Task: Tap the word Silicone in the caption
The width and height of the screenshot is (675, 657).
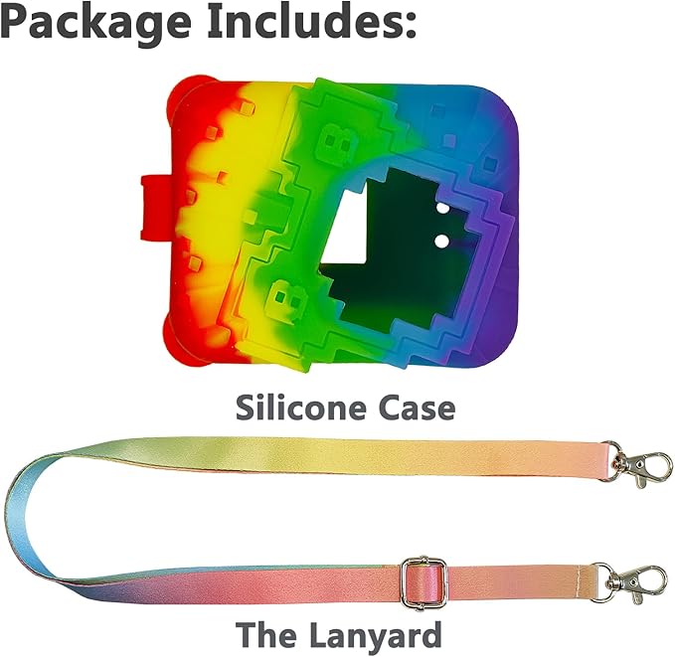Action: pyautogui.click(x=300, y=408)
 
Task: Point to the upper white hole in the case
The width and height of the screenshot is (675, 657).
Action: pyautogui.click(x=442, y=209)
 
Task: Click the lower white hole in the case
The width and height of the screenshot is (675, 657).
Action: pyautogui.click(x=441, y=242)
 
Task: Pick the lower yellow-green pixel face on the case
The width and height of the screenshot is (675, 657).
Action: pyautogui.click(x=286, y=298)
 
